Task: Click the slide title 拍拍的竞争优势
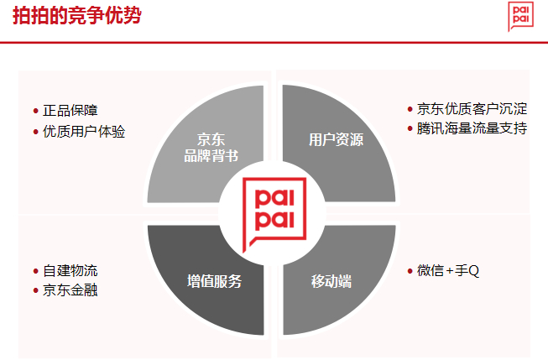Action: [x=76, y=18]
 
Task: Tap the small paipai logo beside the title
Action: [x=519, y=17]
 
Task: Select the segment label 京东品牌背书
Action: [x=211, y=147]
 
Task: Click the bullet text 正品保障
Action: [x=70, y=111]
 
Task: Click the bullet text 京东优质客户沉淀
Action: [x=472, y=109]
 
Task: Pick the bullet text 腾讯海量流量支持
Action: [x=472, y=129]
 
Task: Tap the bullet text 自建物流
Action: [x=70, y=271]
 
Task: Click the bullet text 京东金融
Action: [x=70, y=291]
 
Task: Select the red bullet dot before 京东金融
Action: [x=35, y=292]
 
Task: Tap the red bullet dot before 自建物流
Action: [x=35, y=272]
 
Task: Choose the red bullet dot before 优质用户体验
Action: [x=35, y=133]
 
